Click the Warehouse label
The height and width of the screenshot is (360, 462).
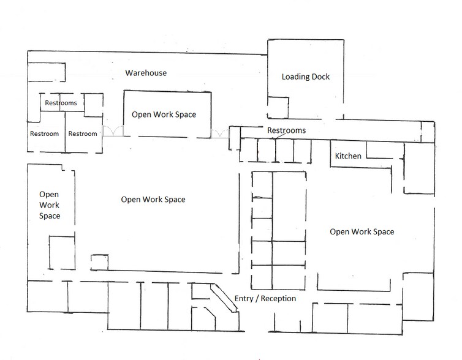(x=146, y=73)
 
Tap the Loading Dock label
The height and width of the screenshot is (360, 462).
(x=306, y=77)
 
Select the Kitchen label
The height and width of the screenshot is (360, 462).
(x=348, y=156)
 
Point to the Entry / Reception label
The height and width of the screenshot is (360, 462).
(x=265, y=299)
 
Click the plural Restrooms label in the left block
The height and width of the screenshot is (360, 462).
(x=61, y=103)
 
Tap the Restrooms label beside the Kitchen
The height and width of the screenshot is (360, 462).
(x=286, y=130)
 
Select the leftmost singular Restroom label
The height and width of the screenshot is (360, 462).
(x=44, y=133)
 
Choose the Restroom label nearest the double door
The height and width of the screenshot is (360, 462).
(x=83, y=133)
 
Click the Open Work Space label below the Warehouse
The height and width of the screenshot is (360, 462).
(x=164, y=115)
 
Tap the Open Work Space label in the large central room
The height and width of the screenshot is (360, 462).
(x=153, y=200)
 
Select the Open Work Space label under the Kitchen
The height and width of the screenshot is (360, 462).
(x=362, y=232)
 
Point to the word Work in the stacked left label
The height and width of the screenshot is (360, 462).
(x=49, y=205)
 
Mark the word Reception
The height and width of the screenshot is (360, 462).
(x=278, y=299)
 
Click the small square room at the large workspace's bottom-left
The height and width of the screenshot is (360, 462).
(x=99, y=262)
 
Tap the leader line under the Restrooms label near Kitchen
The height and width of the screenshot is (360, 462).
(x=281, y=136)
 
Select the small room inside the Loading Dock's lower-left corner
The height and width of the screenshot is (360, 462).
(x=278, y=108)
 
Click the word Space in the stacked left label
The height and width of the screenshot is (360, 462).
(x=50, y=216)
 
